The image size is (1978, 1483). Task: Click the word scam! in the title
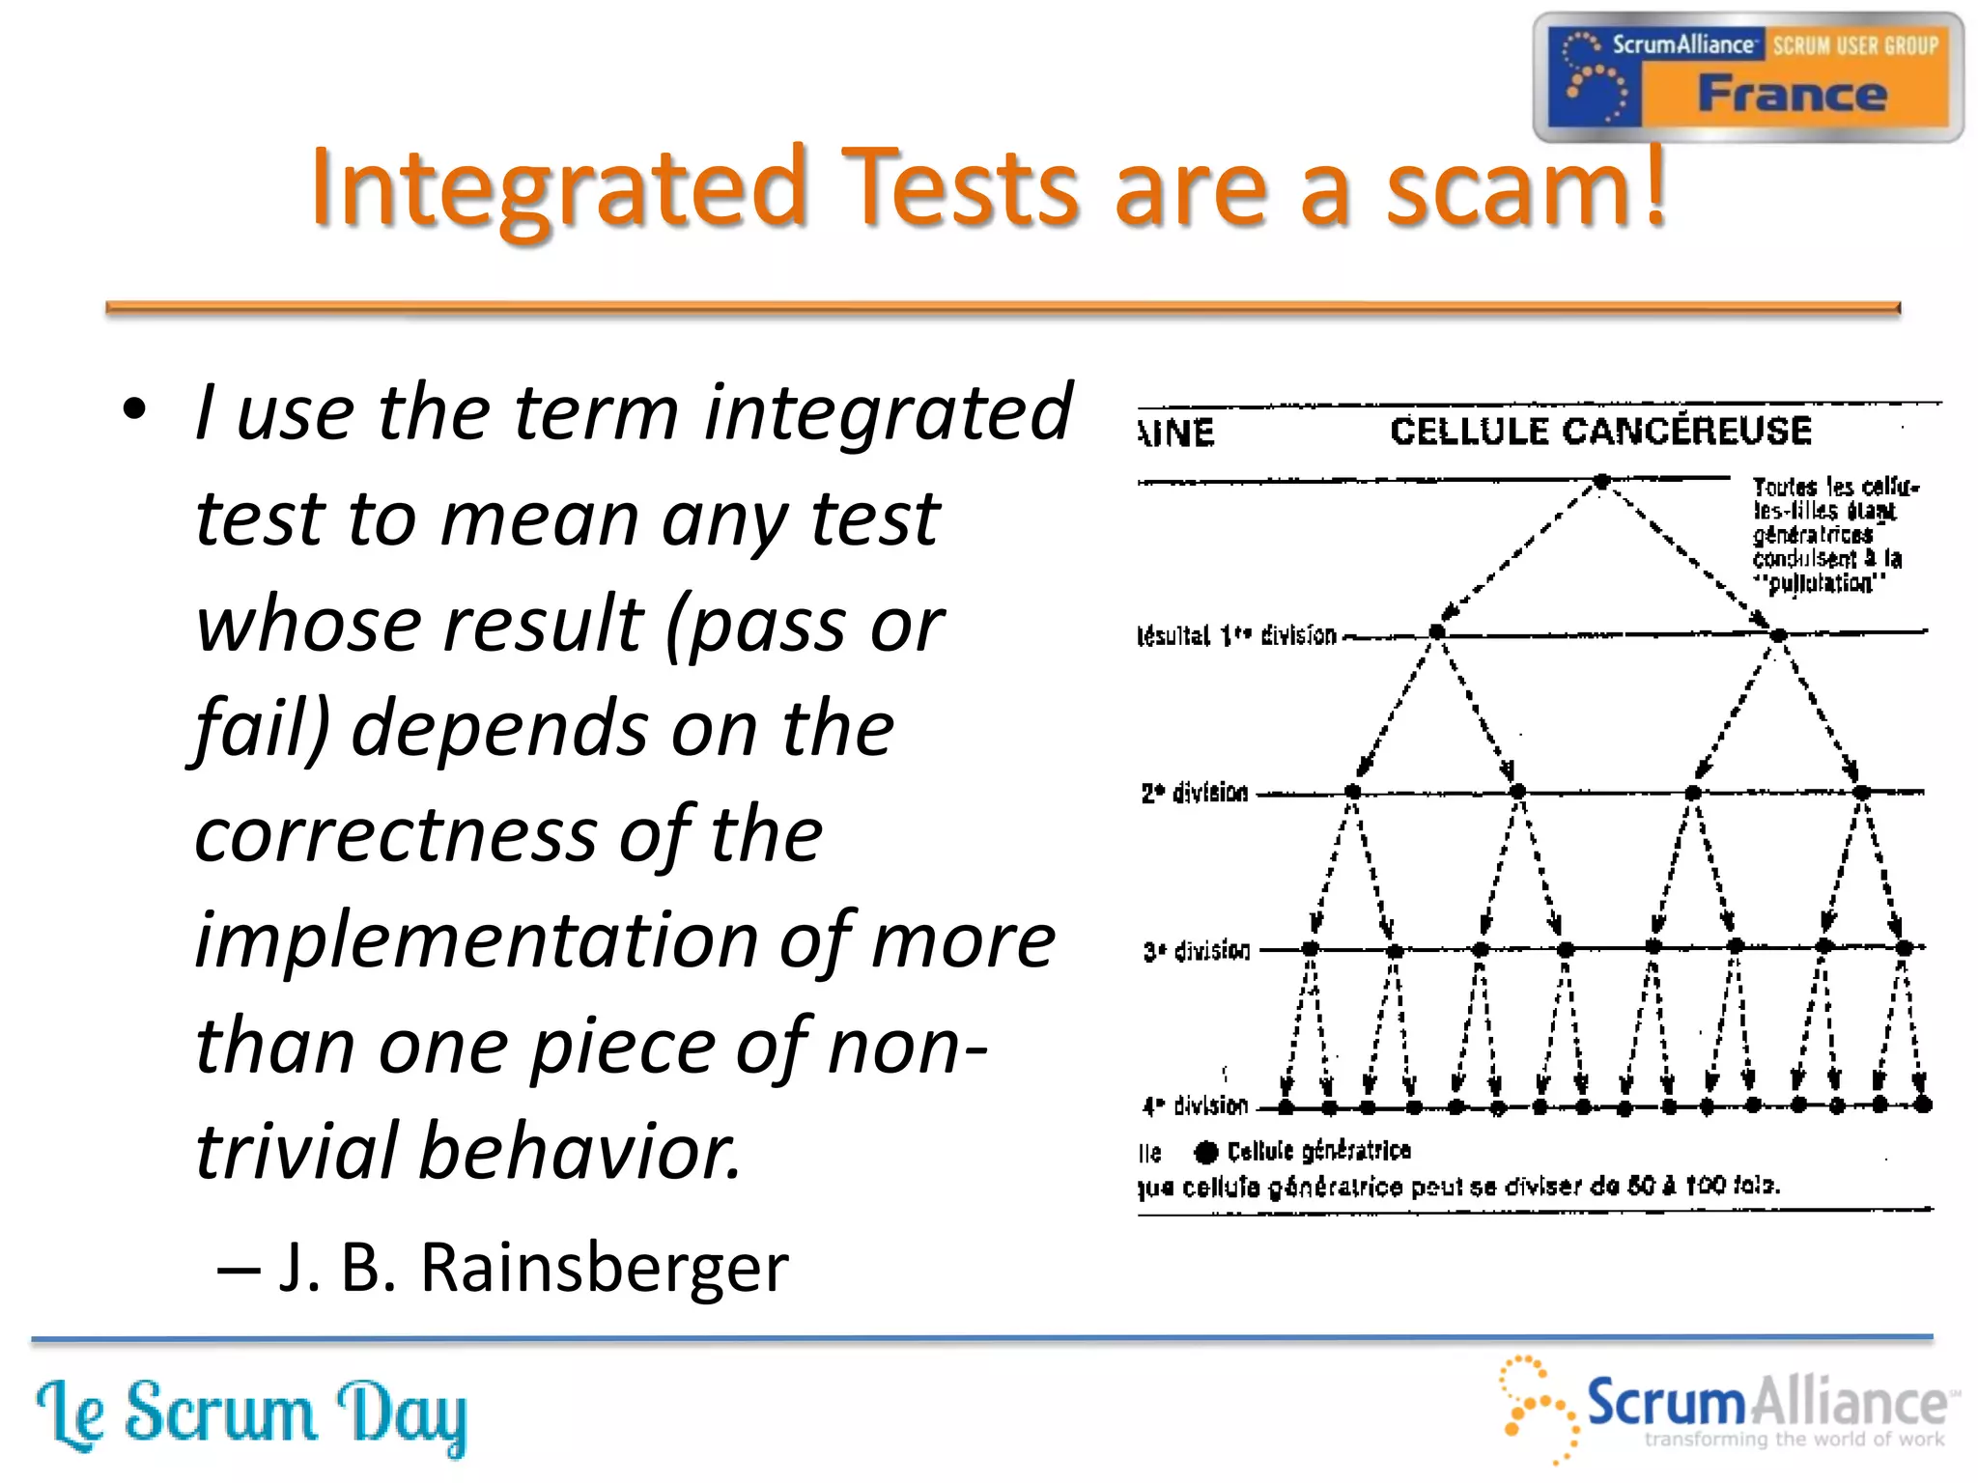pos(1526,188)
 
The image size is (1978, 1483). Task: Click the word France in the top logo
pos(1793,95)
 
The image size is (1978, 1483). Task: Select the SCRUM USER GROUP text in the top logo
pos(1854,45)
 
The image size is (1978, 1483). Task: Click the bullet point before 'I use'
pos(135,409)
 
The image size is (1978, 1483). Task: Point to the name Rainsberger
pos(604,1267)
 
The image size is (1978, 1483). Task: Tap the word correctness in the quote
pos(395,833)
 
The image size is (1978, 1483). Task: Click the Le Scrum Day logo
pos(251,1414)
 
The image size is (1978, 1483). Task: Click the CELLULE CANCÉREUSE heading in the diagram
pos(1600,431)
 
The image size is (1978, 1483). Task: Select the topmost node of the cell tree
pos(1601,481)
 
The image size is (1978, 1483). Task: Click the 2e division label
pos(1195,793)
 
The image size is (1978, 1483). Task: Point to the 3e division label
pos(1197,951)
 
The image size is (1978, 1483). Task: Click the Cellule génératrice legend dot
pos(1205,1152)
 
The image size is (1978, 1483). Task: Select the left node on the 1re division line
pos(1437,631)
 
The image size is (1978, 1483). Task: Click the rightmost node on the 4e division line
pos(1922,1105)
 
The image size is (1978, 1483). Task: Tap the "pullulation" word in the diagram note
pos(1821,583)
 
